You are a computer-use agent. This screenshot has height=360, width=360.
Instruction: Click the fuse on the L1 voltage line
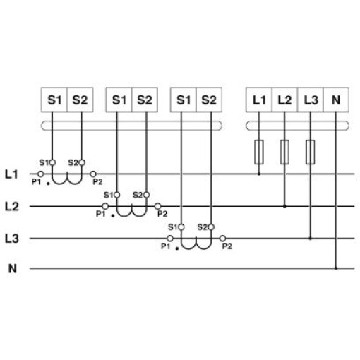pos(259,152)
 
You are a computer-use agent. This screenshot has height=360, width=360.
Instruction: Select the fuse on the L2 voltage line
pos(284,152)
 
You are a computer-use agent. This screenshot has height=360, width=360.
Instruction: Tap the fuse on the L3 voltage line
pos(310,152)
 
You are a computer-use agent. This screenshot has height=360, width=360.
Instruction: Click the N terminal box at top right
pos(336,100)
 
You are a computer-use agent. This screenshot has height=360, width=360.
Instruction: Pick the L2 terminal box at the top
pos(284,100)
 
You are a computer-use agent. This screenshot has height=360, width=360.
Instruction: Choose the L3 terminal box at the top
pos(311,100)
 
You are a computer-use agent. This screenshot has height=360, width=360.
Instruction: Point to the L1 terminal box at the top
pos(259,100)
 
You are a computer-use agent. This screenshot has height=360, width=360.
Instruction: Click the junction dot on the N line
pos(336,268)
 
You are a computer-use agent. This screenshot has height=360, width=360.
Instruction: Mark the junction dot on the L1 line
pos(259,174)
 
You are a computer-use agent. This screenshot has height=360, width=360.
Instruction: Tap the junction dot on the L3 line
pos(310,239)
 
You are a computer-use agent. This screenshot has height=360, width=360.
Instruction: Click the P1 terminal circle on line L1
pos(41,174)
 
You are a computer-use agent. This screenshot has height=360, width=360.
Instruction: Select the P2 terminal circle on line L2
pos(157,206)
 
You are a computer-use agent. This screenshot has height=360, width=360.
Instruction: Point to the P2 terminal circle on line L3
pos(222,239)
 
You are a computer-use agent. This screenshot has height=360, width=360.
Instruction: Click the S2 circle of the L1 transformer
pos(82,162)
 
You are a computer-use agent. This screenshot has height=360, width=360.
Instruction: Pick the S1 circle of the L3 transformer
pos(181,227)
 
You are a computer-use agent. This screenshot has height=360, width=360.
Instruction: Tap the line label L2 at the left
pos(12,207)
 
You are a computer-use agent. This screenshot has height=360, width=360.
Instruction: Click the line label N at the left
pos(13,268)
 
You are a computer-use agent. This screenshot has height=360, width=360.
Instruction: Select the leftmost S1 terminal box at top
pos(54,100)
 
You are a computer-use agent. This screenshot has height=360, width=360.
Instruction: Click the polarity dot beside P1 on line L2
pos(113,215)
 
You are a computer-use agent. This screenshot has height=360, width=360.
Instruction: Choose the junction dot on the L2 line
pos(284,206)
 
